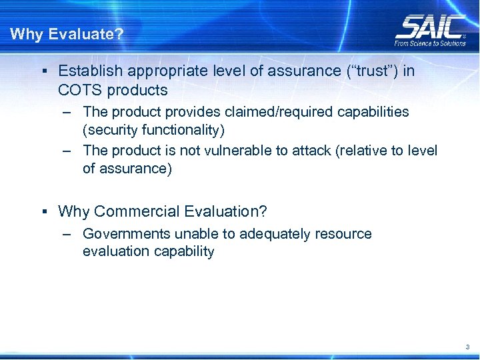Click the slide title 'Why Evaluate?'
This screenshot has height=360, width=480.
tap(67, 34)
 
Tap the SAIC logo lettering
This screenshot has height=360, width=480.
tap(430, 27)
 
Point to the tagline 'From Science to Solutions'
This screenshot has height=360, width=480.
tap(430, 43)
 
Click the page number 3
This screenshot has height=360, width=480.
tap(467, 347)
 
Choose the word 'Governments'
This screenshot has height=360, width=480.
tap(127, 234)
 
